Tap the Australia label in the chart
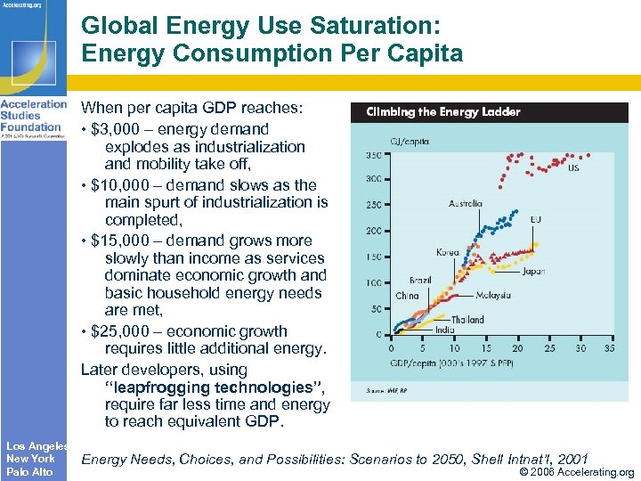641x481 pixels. pos(465,203)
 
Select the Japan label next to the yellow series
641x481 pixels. pos(533,271)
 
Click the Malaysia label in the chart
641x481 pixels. pos(492,295)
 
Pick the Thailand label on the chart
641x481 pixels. pos(467,320)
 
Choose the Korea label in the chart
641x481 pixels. pos(448,253)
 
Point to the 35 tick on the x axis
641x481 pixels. pos(609,348)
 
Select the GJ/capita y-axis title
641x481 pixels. pos(410,140)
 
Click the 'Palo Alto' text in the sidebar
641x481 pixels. pos(29,471)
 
